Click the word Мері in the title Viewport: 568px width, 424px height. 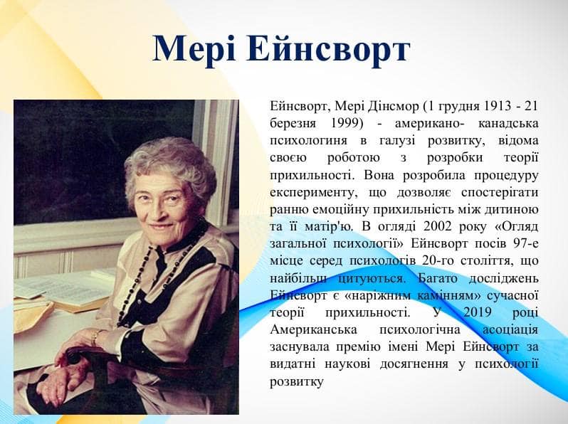coord(194,49)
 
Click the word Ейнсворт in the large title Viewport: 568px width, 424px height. coord(328,50)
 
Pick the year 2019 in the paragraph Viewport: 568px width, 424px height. coord(477,312)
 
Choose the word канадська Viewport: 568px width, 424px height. coord(508,124)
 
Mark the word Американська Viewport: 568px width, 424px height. coord(313,330)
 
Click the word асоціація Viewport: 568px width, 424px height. coord(510,330)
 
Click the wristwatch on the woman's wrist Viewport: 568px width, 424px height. coord(95,337)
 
